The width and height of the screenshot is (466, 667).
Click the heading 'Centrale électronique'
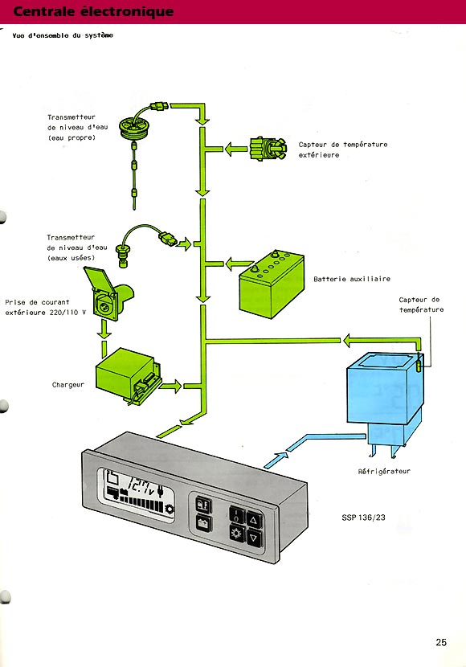point(93,11)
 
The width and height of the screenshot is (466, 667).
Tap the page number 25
point(441,642)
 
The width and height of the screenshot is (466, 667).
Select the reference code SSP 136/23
point(363,518)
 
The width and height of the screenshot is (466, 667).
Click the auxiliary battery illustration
point(272,284)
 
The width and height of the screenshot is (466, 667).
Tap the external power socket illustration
point(108,293)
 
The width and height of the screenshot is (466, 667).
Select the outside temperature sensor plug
point(268,149)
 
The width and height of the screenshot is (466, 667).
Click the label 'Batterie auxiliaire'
point(352,279)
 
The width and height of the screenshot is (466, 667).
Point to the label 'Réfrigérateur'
point(384,472)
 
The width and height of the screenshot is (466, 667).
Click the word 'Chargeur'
point(68,385)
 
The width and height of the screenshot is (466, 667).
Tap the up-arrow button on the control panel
point(254,520)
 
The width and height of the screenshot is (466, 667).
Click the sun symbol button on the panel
point(236,532)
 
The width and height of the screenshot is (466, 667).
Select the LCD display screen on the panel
point(136,493)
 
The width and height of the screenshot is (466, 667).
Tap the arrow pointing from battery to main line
point(239,264)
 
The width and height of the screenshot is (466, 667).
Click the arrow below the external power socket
point(104,329)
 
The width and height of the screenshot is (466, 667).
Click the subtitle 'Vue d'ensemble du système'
point(63,35)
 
